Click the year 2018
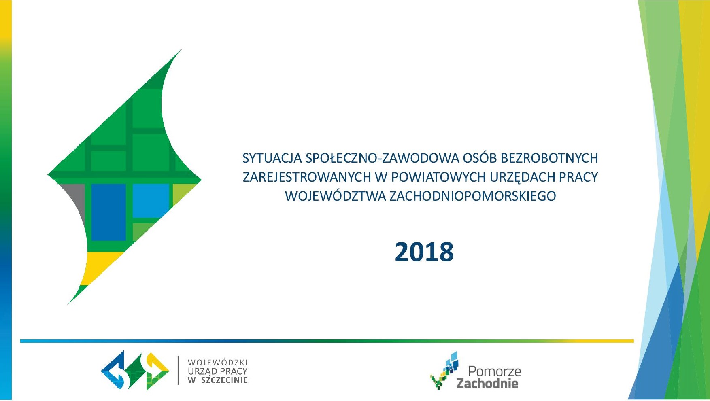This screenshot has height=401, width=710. pyautogui.click(x=424, y=252)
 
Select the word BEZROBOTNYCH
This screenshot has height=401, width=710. pyautogui.click(x=549, y=158)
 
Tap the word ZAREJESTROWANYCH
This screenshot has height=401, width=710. pyautogui.click(x=307, y=177)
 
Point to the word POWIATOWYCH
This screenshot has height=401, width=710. pyautogui.click(x=438, y=177)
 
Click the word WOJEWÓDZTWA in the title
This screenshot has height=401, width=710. pyautogui.click(x=336, y=196)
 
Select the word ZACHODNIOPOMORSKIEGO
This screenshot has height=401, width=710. pyautogui.click(x=472, y=196)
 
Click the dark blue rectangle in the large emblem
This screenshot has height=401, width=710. pyautogui.click(x=108, y=212)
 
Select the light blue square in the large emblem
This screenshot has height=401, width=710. pyautogui.click(x=151, y=201)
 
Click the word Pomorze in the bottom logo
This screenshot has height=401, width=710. pyautogui.click(x=494, y=371)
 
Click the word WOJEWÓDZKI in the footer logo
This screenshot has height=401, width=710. pyautogui.click(x=217, y=363)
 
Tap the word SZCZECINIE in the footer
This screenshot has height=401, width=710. pyautogui.click(x=224, y=380)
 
